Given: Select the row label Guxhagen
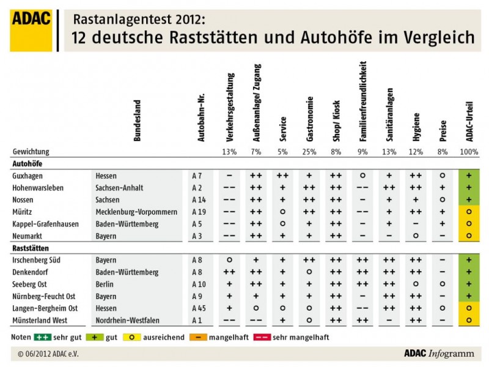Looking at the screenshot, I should coord(28,176).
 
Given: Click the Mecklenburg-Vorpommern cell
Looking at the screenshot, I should coord(135,212).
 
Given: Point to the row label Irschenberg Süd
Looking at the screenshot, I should coord(36,260).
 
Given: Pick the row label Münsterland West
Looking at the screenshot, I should coord(39,320).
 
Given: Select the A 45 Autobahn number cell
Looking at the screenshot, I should coord(200,308).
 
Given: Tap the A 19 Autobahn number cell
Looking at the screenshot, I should coord(200,212).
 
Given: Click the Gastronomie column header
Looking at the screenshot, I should coord(310,119).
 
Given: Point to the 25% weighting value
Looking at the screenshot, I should coord(309,151).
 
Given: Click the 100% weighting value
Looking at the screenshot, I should coord(468,151).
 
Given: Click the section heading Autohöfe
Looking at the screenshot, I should coord(28,163).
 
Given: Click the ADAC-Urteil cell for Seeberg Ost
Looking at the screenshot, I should coord(468,284).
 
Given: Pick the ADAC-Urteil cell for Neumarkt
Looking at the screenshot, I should coord(468,235).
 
